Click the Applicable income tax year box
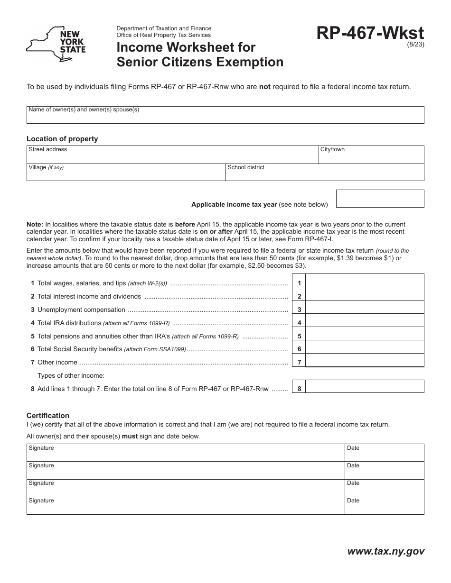380,199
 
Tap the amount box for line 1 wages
365,281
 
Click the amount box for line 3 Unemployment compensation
365,308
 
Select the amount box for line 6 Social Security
365,347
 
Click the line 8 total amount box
365,386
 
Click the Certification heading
48,416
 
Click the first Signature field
185,453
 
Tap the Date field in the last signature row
384,506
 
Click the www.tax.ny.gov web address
386,551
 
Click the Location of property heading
62,139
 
